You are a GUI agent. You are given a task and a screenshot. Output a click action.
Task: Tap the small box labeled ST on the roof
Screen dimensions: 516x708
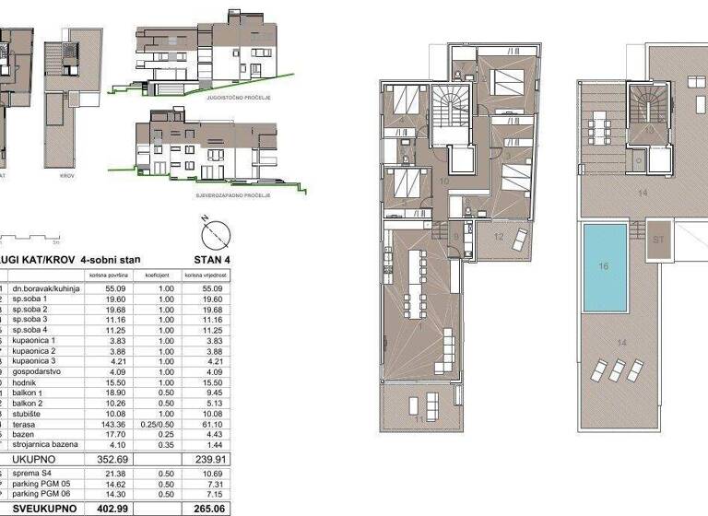pyautogui.click(x=659, y=238)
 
